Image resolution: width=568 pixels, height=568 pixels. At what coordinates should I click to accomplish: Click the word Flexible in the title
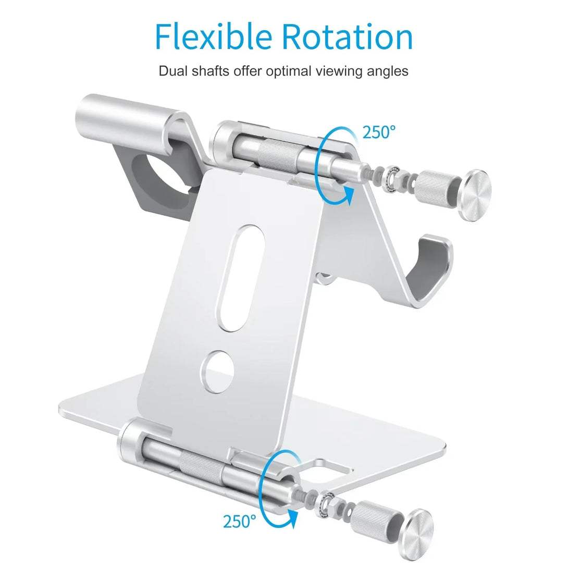[x=213, y=36]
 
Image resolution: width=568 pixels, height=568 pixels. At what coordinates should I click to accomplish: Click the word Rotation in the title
[x=347, y=36]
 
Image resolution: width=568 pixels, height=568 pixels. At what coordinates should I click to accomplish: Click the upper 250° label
[x=379, y=132]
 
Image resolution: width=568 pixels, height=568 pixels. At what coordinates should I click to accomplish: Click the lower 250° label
[x=239, y=521]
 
